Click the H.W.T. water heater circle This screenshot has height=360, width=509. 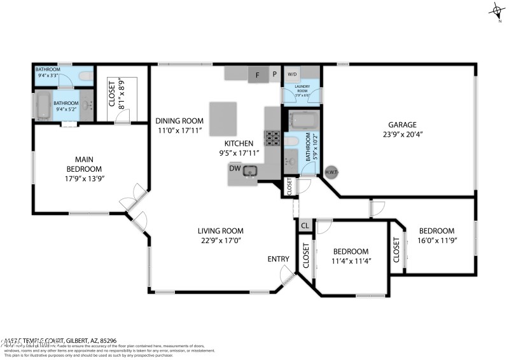tap(331, 172)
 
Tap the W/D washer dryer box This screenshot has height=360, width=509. tap(292, 74)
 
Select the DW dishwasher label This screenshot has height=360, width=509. tap(235, 169)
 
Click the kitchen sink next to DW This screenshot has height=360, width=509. tap(249, 170)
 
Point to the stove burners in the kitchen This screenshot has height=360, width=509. tap(272, 137)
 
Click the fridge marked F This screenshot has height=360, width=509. tap(258, 74)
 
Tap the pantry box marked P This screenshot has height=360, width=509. tap(274, 74)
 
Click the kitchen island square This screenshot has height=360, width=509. tap(223, 117)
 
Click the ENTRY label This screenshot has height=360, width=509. tap(278, 259)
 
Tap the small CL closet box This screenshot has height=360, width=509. tap(305, 225)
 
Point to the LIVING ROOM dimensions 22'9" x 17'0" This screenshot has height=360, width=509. tap(221, 240)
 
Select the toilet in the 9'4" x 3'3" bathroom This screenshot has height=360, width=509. tap(82, 76)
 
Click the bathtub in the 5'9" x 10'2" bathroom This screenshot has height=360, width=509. tap(299, 120)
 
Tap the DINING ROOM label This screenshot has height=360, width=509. tap(179, 121)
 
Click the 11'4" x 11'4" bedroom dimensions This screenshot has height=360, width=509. tap(351, 261)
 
